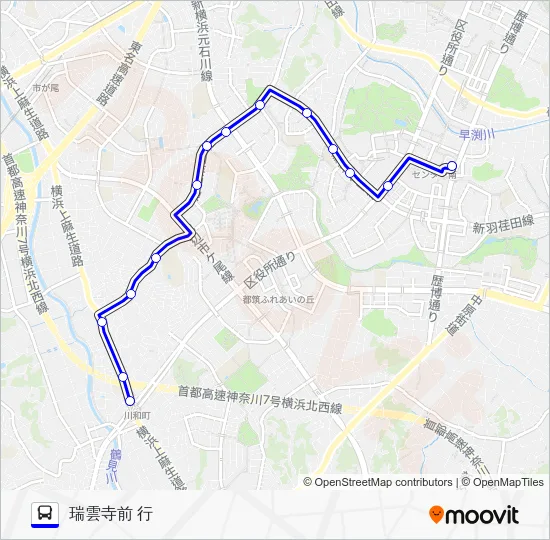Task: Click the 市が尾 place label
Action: (x=45, y=88)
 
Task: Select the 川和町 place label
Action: (x=135, y=414)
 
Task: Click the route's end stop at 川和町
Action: (x=129, y=401)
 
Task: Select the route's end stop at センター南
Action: (x=451, y=166)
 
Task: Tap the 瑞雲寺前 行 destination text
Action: (x=110, y=514)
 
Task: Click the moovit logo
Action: (x=474, y=514)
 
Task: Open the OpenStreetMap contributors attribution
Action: (x=383, y=482)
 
